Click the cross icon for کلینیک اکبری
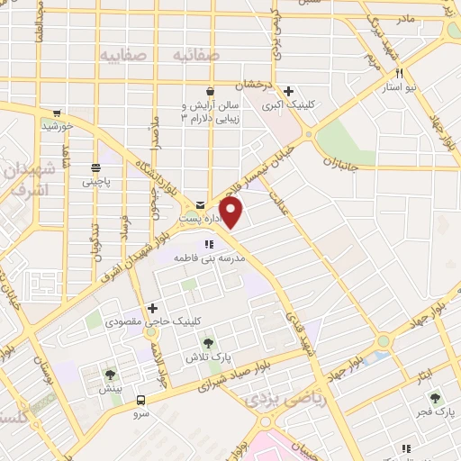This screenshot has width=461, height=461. [288, 90]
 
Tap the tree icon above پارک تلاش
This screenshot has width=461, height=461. [209, 342]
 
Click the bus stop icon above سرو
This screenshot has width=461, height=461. [140, 399]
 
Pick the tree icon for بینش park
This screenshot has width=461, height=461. [111, 375]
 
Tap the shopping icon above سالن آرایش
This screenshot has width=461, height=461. [210, 91]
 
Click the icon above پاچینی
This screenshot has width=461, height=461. [95, 167]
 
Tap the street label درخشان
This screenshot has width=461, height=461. [253, 86]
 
